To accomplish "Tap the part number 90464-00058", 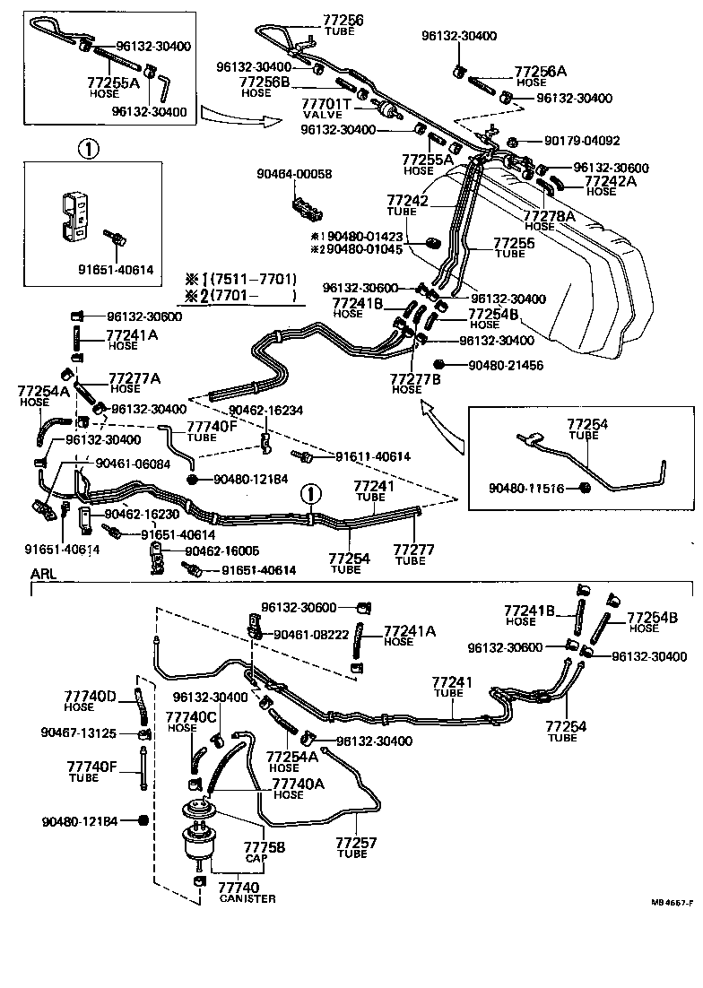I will coord(292,174).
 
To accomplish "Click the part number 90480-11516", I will coord(527,488).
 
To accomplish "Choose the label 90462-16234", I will coord(265,410).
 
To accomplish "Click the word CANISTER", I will coord(247,898).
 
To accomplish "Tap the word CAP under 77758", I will coord(253,857).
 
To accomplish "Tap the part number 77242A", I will coord(612,180).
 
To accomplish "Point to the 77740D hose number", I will coord(91,697).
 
